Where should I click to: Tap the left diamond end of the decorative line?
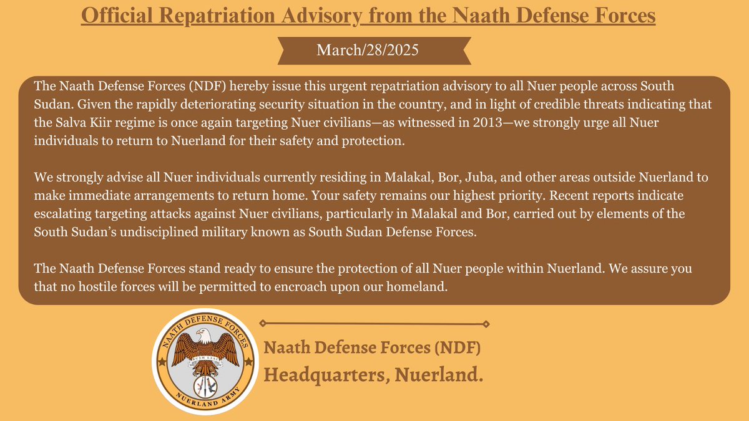pos(263,323)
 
